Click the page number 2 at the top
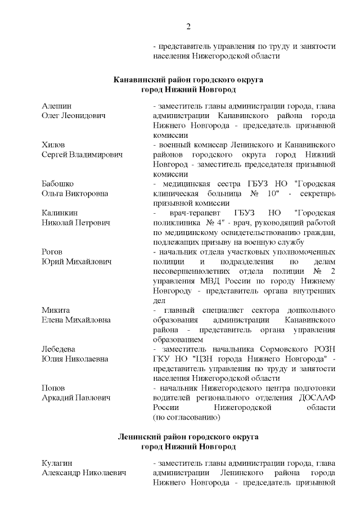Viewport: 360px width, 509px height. click(188, 26)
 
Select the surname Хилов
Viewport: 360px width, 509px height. click(53, 145)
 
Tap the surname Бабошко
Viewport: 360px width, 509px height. click(58, 183)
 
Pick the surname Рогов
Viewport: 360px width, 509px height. click(52, 251)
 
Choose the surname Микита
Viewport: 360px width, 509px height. click(55, 310)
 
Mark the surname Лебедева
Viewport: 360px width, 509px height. click(58, 349)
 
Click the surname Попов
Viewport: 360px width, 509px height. click(53, 388)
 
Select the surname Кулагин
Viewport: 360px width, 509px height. click(57, 462)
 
